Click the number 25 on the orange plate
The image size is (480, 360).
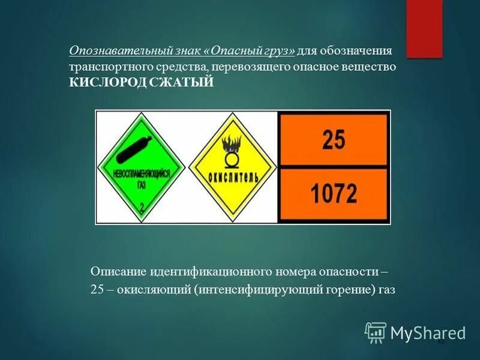tap(334, 140)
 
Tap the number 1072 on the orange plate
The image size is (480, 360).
tap(334, 194)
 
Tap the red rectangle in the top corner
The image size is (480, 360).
tap(424, 28)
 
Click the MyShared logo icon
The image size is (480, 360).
tap(375, 332)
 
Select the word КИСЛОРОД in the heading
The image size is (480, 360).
tap(107, 82)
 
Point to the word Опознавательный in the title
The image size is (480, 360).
tap(110, 50)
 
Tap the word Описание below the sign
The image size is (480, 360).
tap(116, 271)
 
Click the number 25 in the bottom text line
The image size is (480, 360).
tap(97, 290)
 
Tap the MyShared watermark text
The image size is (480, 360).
tap(428, 332)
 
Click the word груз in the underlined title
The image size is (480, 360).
tap(276, 50)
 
